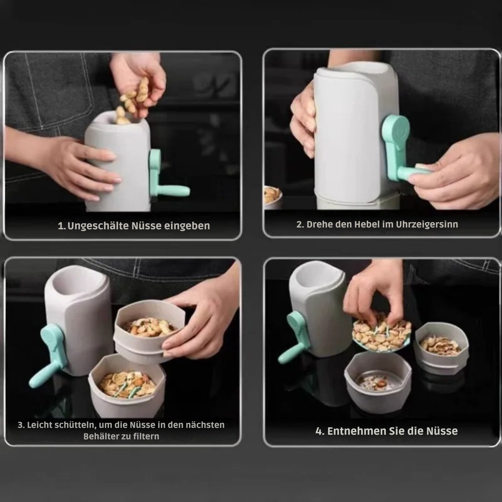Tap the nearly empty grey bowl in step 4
378,382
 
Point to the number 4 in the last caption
319,431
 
